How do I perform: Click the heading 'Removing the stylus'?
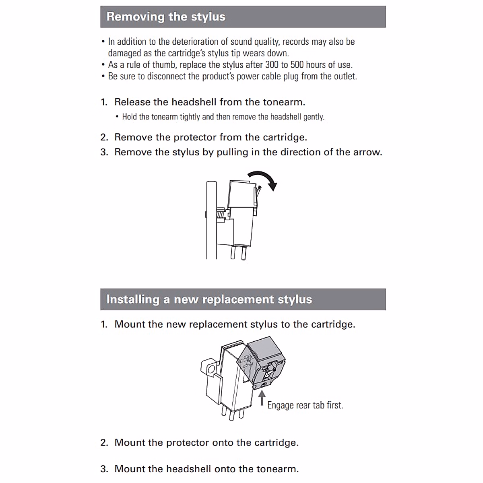166,17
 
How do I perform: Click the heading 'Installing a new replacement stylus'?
209,299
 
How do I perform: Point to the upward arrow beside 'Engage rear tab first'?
262,398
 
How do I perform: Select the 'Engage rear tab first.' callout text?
305,405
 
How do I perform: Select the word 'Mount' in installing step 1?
129,324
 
